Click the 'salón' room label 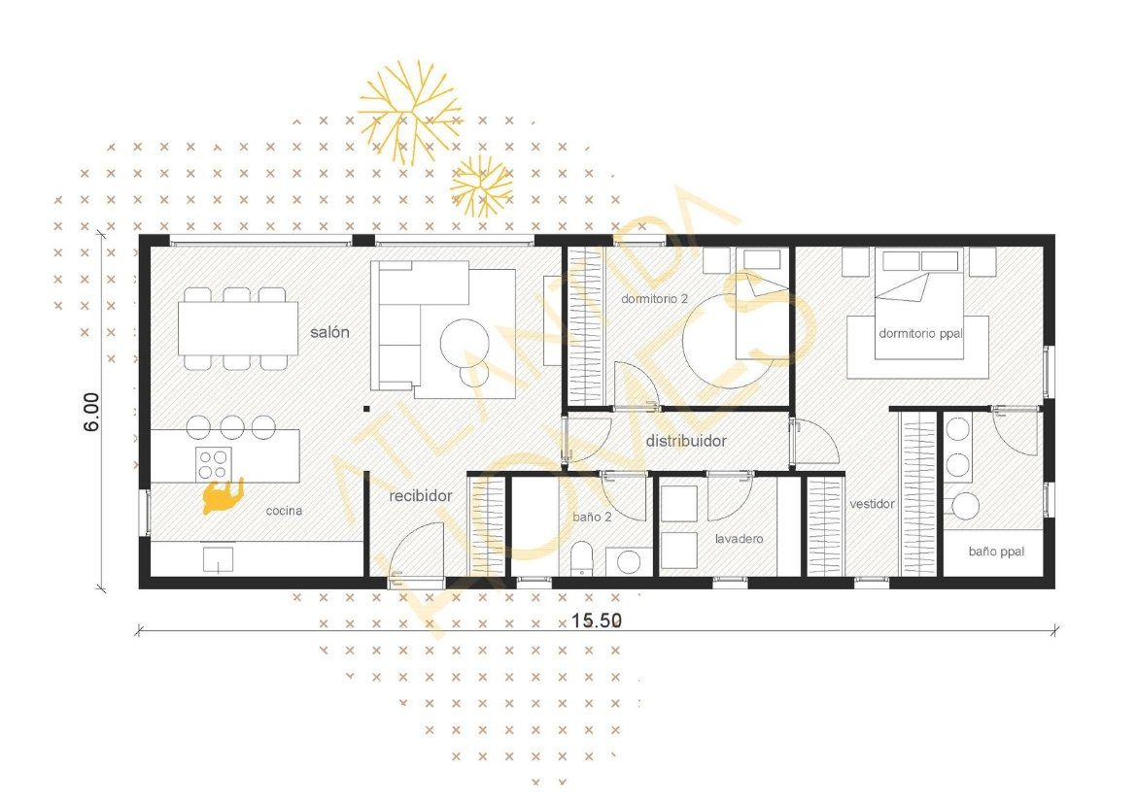click(329, 332)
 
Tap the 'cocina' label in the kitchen click(283, 511)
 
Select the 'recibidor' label click(421, 496)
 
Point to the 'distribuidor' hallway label click(686, 441)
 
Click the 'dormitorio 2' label click(655, 299)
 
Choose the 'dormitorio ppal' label click(918, 333)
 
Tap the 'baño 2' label click(592, 517)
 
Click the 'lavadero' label click(739, 538)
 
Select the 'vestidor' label click(872, 504)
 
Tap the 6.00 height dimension click(90, 412)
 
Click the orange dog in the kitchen click(222, 496)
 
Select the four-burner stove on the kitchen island click(214, 460)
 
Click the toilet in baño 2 click(583, 559)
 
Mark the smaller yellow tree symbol click(481, 185)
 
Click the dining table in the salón click(237, 328)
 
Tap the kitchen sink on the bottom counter click(218, 559)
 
